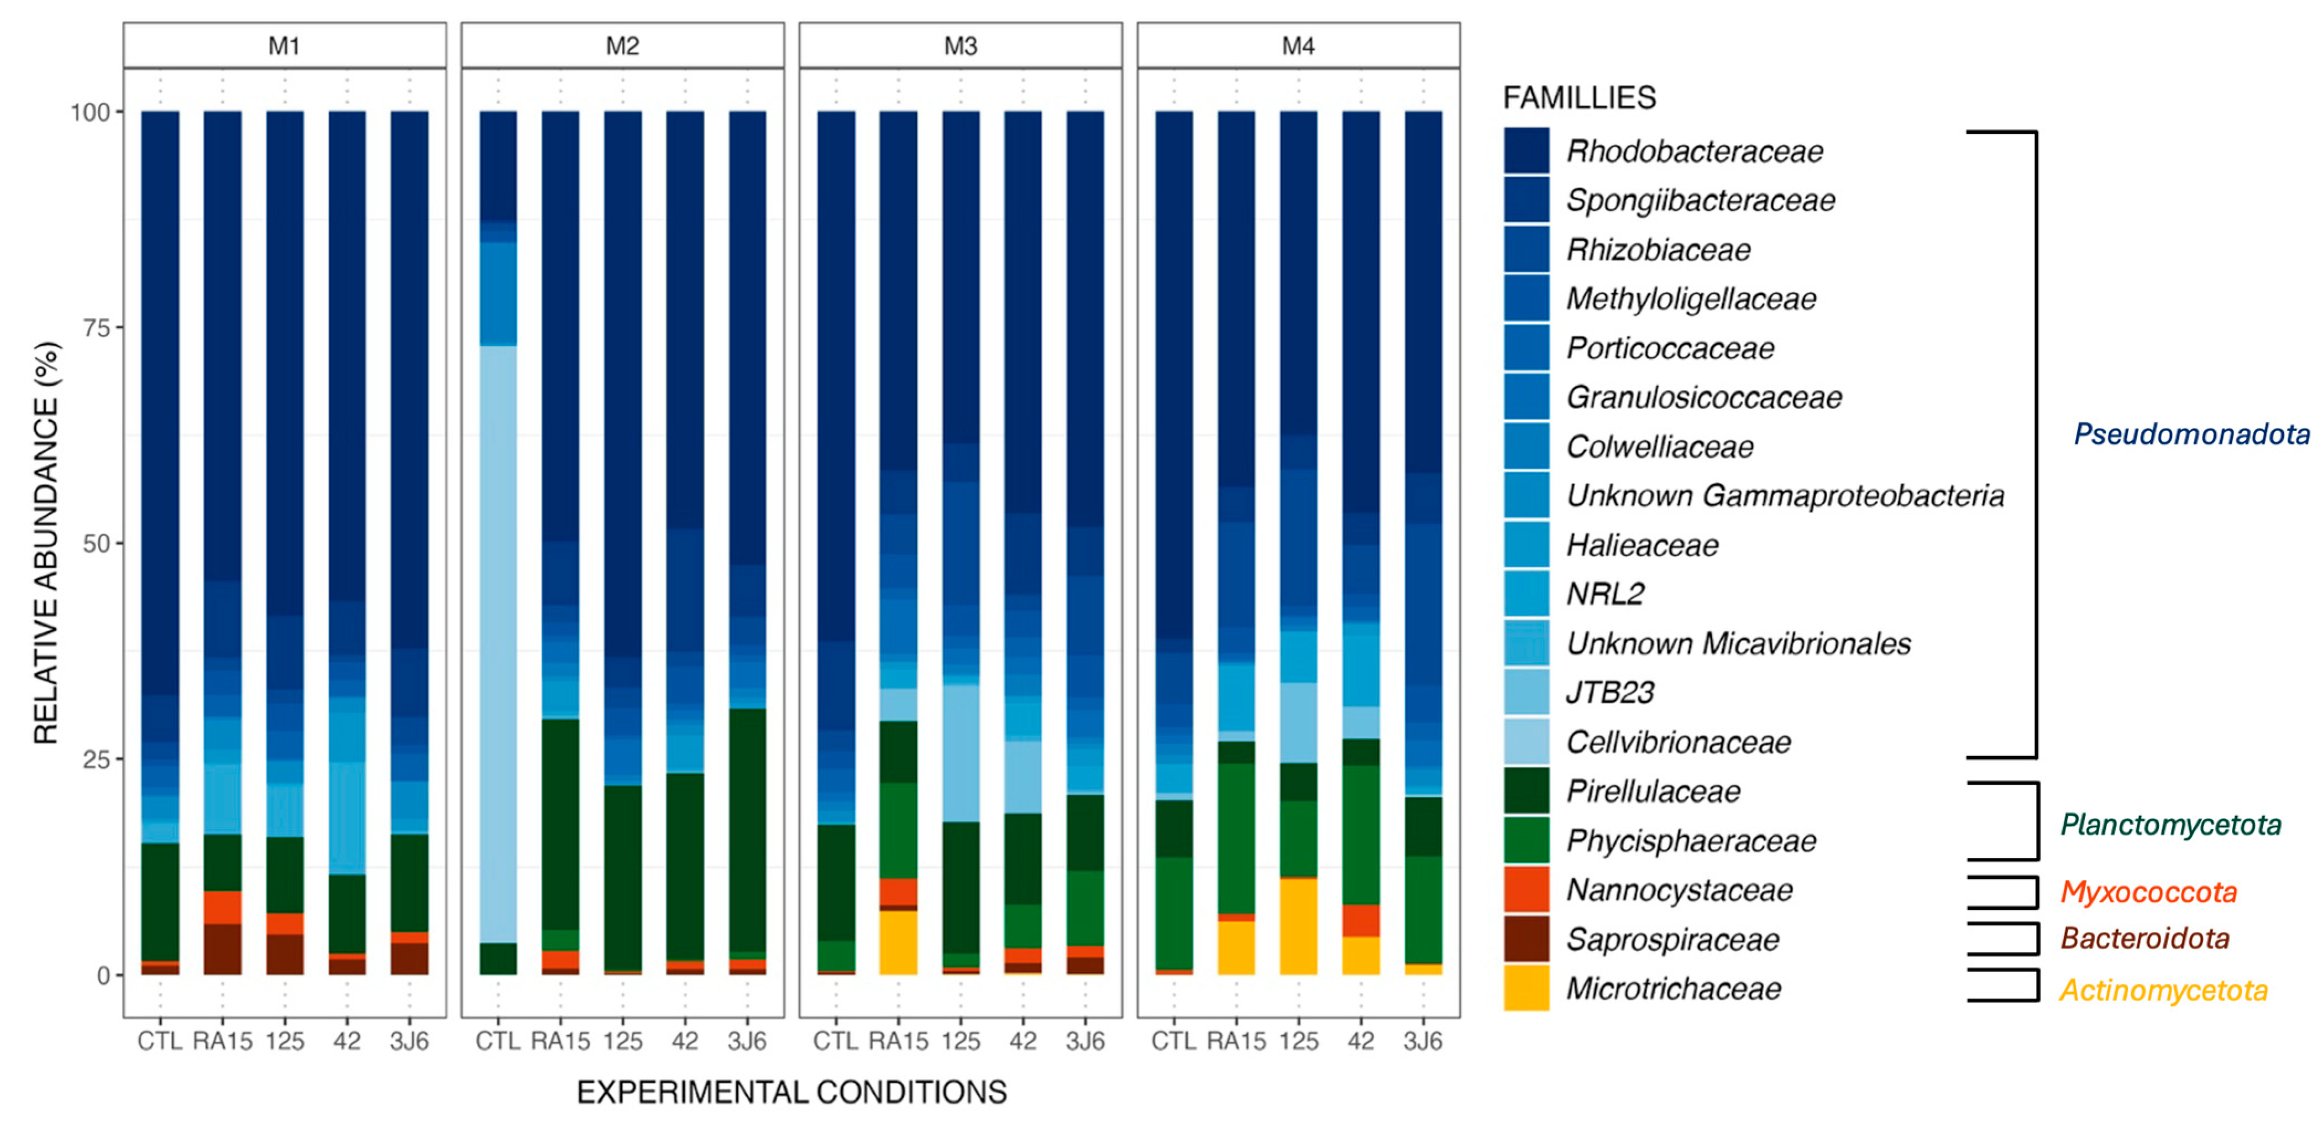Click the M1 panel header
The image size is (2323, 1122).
click(284, 46)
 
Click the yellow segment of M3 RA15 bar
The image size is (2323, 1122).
click(898, 942)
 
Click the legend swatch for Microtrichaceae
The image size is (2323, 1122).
click(1526, 988)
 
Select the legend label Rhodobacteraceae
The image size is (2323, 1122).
click(1693, 151)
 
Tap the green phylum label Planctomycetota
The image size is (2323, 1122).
click(2170, 824)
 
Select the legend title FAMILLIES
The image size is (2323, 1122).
click(1579, 97)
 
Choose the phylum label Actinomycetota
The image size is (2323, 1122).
click(2163, 990)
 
